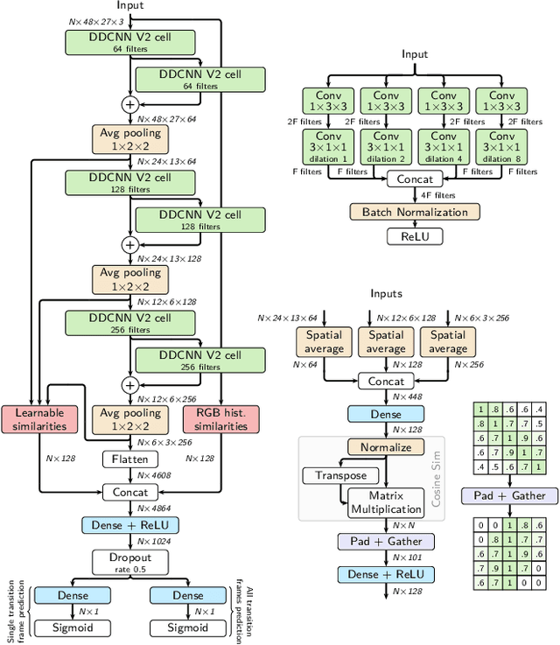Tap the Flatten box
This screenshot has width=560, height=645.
tap(129, 459)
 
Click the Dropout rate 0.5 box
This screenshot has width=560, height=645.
tap(129, 562)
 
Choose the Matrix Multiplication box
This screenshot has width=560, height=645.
tap(386, 501)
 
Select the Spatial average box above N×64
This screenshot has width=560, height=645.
tap(325, 342)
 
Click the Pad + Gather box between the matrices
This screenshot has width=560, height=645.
tap(509, 495)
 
